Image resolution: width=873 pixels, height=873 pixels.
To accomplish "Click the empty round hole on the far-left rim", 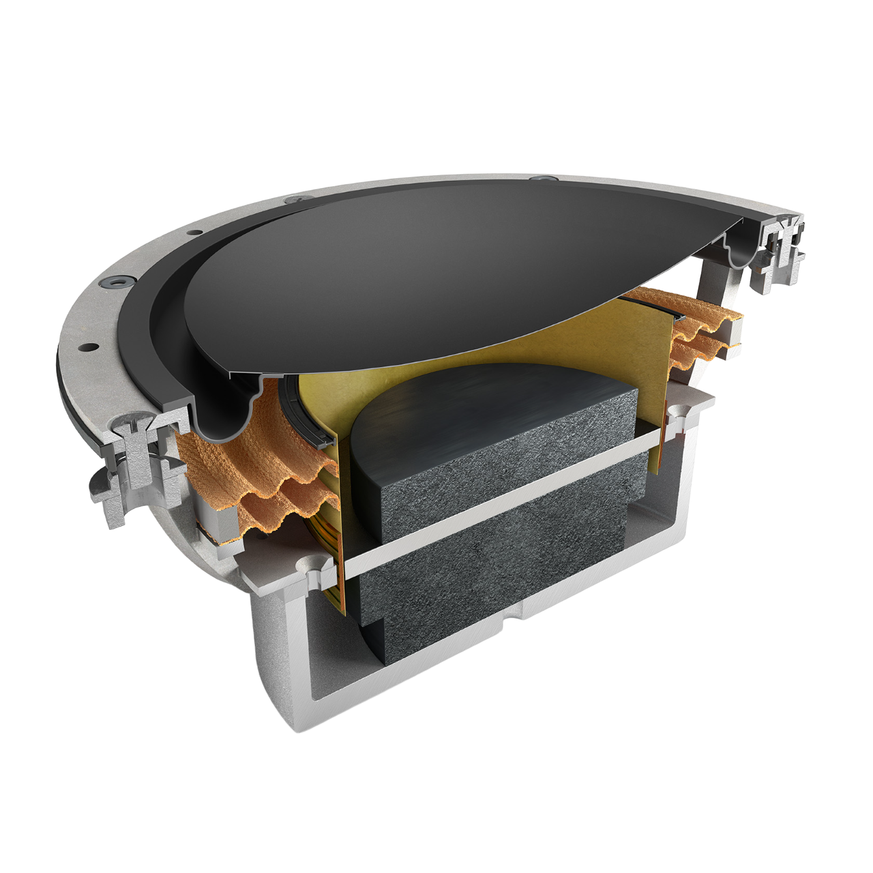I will (87, 346).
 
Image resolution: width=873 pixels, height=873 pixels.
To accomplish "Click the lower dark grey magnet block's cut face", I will (491, 587).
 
